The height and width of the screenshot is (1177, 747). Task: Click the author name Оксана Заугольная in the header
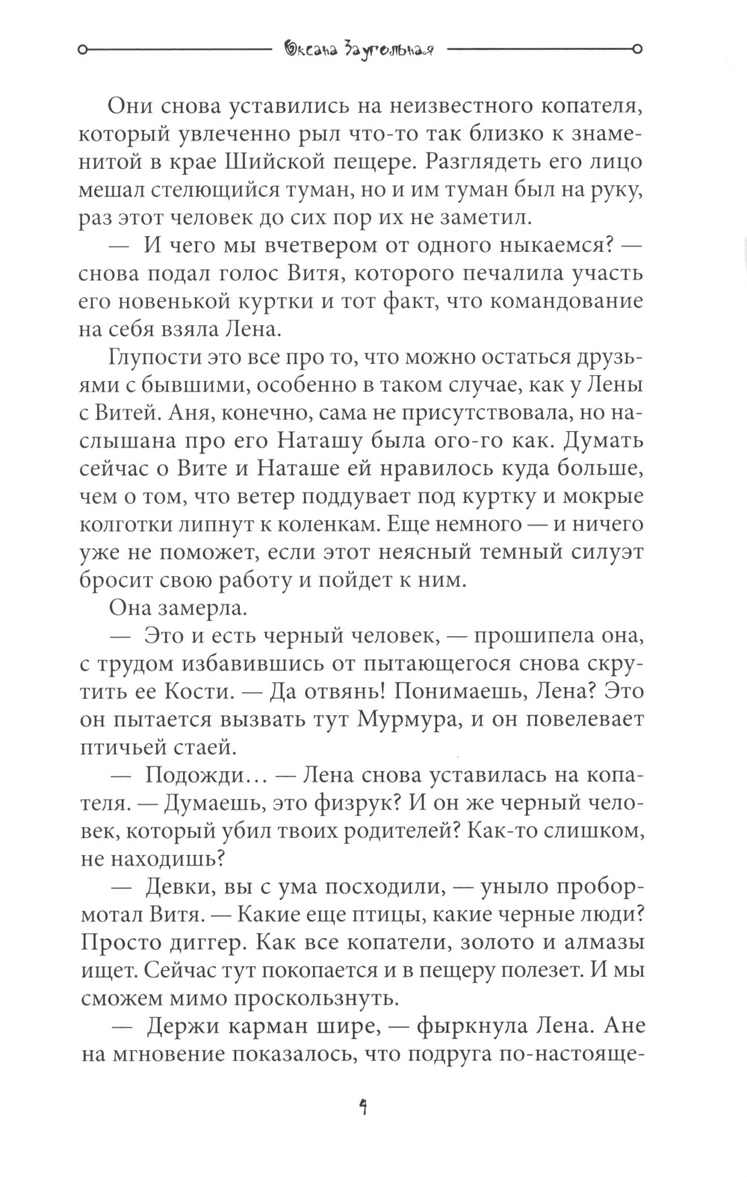pyautogui.click(x=361, y=51)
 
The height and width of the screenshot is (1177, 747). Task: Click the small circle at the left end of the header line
pyautogui.click(x=82, y=51)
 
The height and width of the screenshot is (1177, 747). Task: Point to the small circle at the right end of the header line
pyautogui.click(x=637, y=51)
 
